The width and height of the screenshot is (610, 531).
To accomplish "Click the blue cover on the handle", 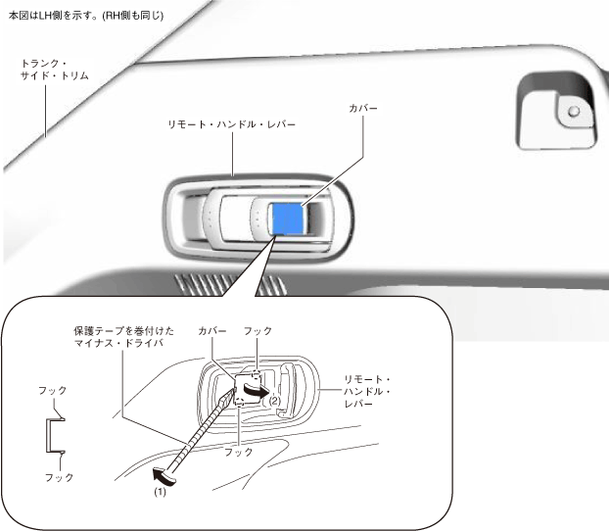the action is [290, 219].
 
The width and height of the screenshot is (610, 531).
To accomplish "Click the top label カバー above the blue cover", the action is [362, 107].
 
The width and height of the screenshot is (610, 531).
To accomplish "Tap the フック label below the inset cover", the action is [238, 452].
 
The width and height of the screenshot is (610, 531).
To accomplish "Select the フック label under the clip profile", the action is [59, 477].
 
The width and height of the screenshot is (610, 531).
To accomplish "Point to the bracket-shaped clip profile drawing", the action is [53, 433].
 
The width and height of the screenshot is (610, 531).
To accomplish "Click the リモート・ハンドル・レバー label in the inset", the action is [368, 392].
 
